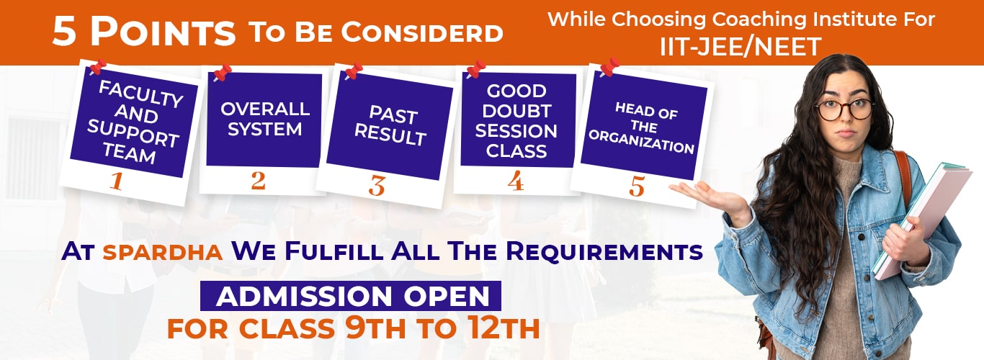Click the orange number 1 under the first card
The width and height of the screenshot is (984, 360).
click(x=117, y=181)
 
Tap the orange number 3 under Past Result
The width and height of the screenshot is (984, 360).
click(x=377, y=186)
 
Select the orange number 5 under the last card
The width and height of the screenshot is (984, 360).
click(x=637, y=186)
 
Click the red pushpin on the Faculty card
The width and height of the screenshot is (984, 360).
click(x=97, y=67)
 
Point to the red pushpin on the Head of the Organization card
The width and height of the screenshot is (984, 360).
click(x=609, y=67)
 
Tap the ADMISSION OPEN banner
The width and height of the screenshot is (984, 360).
click(x=351, y=296)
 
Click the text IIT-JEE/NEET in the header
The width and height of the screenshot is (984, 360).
click(x=741, y=47)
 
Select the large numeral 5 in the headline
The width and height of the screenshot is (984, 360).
click(x=64, y=33)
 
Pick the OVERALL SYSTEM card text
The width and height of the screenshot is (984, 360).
click(x=265, y=119)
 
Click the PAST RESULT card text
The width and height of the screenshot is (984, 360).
click(x=391, y=125)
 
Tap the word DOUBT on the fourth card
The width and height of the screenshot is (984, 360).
click(x=516, y=111)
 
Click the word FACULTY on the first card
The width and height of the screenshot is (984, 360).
click(x=141, y=94)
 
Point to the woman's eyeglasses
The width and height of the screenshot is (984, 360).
click(x=844, y=109)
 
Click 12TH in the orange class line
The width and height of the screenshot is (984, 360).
click(x=504, y=328)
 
